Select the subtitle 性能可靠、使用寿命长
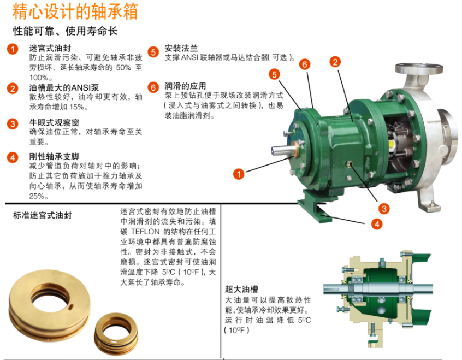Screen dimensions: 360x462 (x=66, y=31)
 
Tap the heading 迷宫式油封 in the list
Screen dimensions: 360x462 (x=50, y=48)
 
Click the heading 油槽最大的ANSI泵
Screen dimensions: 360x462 (x=64, y=87)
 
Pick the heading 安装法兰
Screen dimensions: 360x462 (x=181, y=48)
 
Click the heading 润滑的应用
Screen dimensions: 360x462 (x=185, y=86)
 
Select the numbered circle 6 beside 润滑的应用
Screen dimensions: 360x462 (x=153, y=87)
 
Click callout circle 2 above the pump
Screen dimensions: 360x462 (x=335, y=62)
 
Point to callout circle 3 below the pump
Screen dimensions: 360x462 (x=384, y=208)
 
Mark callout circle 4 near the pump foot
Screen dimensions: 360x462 (x=376, y=223)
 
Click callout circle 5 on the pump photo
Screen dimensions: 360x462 (x=275, y=74)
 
